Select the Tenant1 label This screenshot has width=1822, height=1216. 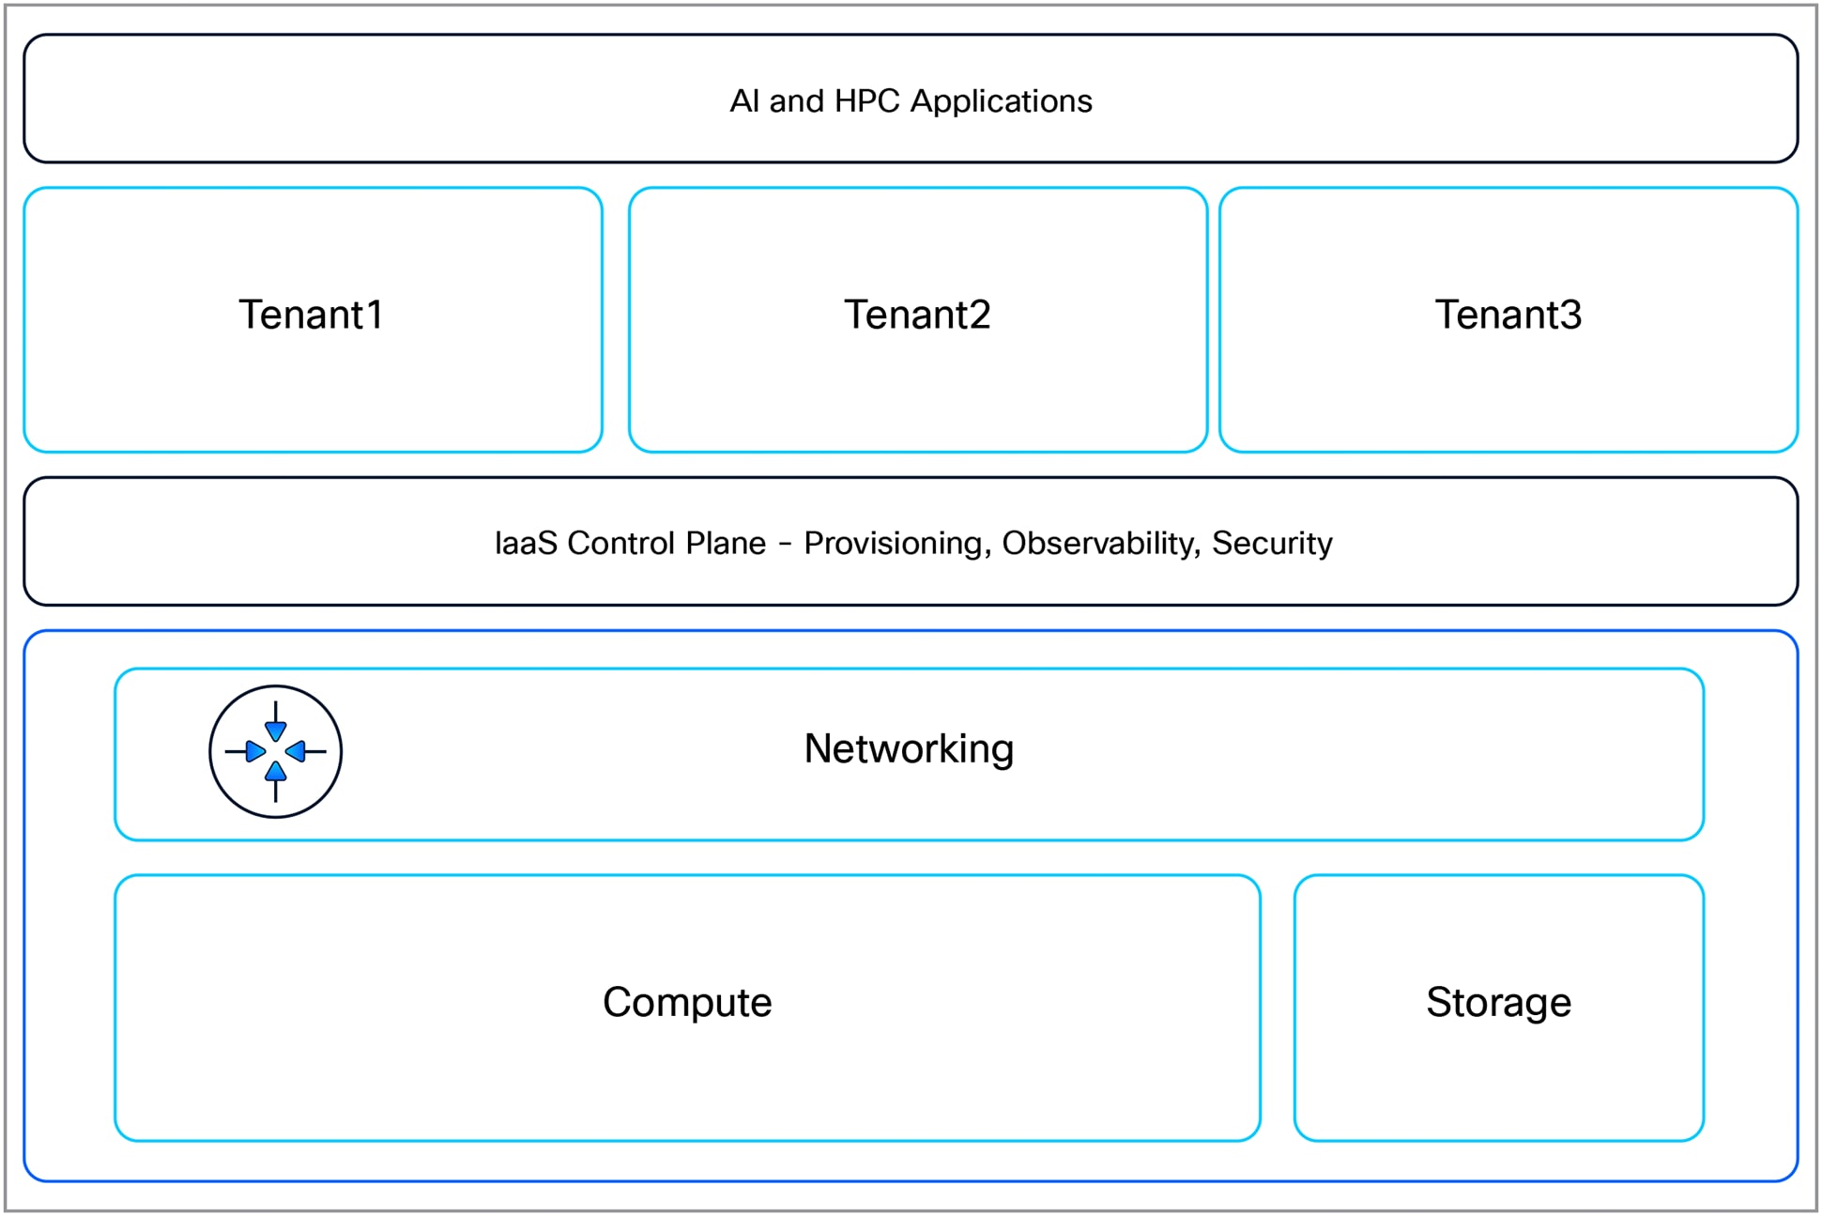[x=311, y=315]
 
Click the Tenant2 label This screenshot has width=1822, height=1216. [x=917, y=315]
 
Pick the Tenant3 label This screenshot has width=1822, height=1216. [x=1508, y=315]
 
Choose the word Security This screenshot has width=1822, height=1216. [x=1272, y=543]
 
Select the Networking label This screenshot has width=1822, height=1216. [x=909, y=748]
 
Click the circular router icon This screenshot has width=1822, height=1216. [x=275, y=751]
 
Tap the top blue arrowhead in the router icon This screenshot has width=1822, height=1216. [x=275, y=731]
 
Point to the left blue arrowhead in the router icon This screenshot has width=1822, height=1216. [x=254, y=751]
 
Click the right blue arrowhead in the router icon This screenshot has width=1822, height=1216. [x=296, y=751]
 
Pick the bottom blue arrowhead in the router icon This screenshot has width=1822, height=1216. [x=275, y=772]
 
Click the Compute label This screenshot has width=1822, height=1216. [x=687, y=1002]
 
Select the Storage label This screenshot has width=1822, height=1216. [x=1498, y=1002]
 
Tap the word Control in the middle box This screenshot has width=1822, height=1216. [x=620, y=543]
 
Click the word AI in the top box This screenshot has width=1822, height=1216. [x=744, y=101]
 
